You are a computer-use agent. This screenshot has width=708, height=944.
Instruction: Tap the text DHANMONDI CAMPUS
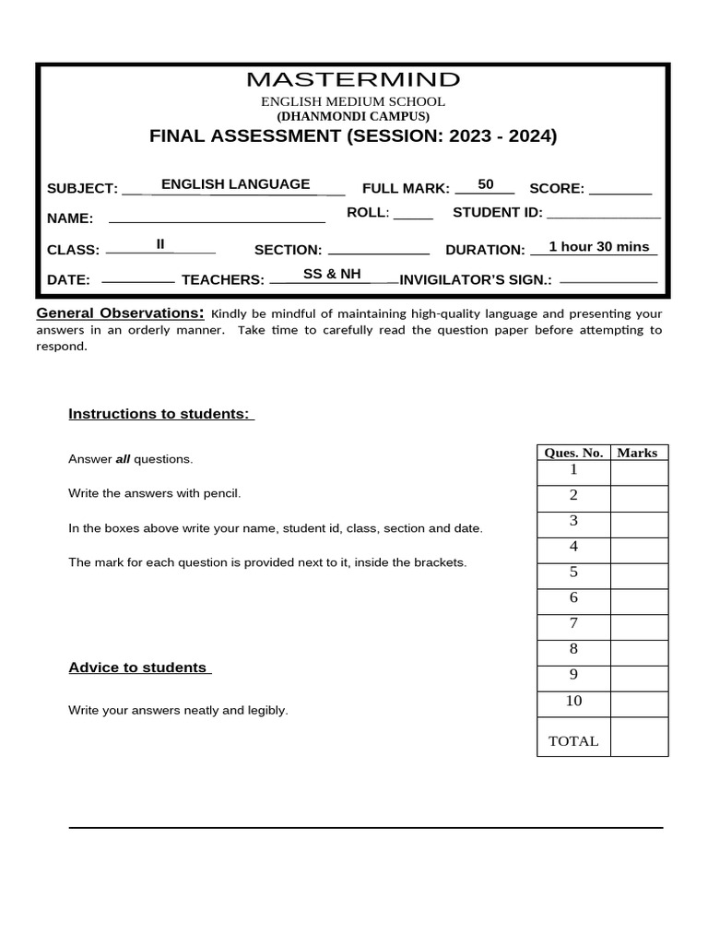pos(353,117)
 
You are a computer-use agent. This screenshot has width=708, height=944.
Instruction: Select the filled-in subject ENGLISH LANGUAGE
pos(235,184)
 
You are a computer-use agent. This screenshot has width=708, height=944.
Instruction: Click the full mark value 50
pos(486,184)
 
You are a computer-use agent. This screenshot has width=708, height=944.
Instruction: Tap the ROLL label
pos(368,213)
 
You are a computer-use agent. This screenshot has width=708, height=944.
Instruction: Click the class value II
pos(160,244)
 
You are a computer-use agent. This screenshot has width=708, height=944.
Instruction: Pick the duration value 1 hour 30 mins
pos(599,247)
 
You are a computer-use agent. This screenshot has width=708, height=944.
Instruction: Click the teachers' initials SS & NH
pos(333,274)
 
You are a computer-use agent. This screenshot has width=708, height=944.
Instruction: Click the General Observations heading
pos(120,313)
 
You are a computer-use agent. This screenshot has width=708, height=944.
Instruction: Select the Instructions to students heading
pos(160,413)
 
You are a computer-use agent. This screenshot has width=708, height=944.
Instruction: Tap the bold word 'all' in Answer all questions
pos(123,459)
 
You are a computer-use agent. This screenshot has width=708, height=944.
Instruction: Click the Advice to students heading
pos(139,667)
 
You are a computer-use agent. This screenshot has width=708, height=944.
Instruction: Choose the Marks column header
pos(637,453)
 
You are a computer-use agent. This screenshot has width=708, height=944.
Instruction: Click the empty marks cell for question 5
pos(639,575)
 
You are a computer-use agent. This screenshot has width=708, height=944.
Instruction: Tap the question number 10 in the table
pos(573,701)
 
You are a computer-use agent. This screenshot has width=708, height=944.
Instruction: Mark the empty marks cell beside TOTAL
pos(639,737)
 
